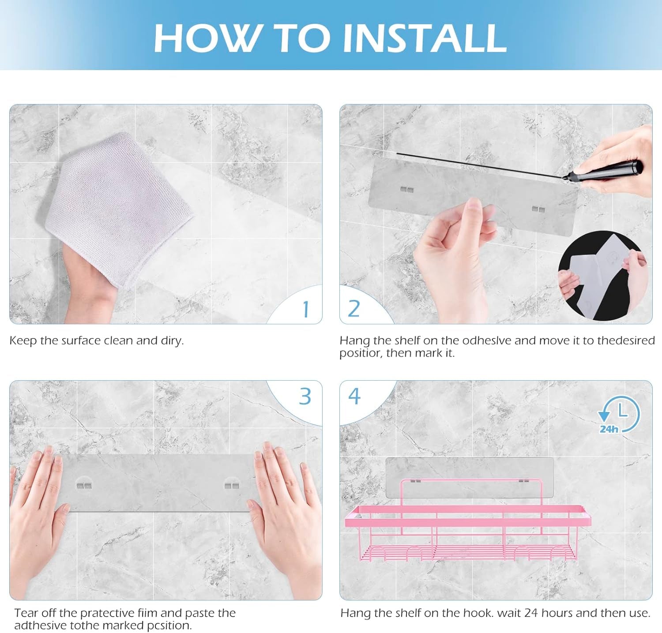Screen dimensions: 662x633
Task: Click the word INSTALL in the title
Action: [x=424, y=38]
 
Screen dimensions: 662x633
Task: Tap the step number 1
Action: [x=306, y=309]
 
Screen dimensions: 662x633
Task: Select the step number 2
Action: [x=354, y=308]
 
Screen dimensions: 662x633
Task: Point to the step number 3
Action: [x=305, y=396]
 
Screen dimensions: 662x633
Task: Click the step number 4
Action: [x=354, y=396]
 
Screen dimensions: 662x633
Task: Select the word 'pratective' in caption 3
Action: [x=107, y=613]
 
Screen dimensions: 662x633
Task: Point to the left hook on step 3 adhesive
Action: [x=84, y=486]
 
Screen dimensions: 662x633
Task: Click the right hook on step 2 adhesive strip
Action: [x=538, y=209]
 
